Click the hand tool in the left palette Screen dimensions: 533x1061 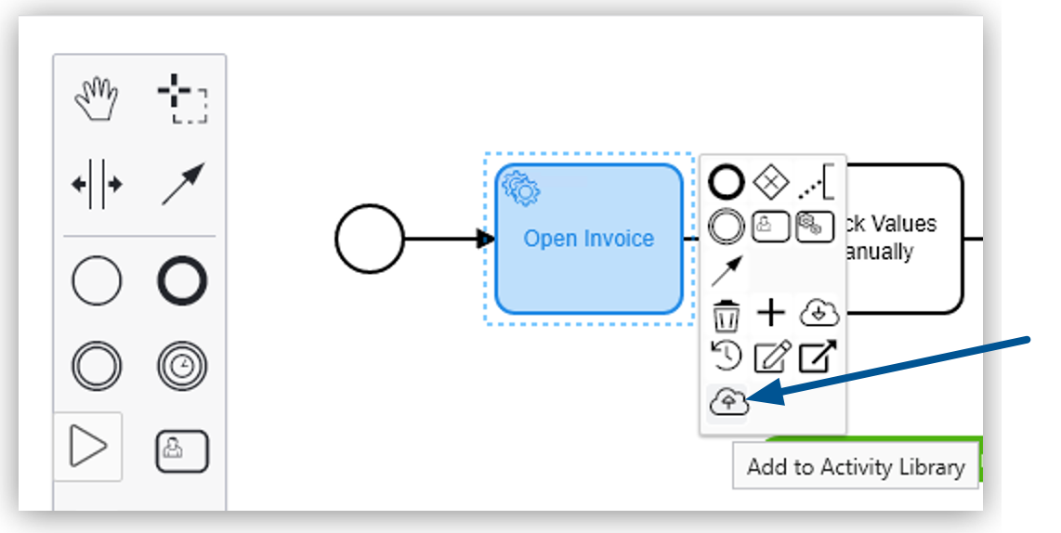(x=97, y=99)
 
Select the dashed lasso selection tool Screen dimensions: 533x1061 (x=182, y=99)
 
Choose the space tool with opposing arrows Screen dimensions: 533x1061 (x=97, y=184)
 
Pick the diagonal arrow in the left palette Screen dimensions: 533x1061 (x=182, y=184)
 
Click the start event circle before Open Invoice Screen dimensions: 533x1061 (x=370, y=240)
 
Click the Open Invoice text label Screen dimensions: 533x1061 (x=588, y=239)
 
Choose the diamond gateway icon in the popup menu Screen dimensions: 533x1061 (x=770, y=181)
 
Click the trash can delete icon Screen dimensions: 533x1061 (x=727, y=315)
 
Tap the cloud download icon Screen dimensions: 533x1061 (x=819, y=313)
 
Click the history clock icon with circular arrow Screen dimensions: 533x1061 (x=726, y=356)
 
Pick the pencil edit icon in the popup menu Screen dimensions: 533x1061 (x=771, y=357)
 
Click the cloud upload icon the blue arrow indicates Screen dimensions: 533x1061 (x=727, y=401)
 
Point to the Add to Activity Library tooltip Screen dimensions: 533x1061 (x=855, y=466)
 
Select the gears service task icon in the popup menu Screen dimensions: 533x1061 (x=815, y=227)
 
